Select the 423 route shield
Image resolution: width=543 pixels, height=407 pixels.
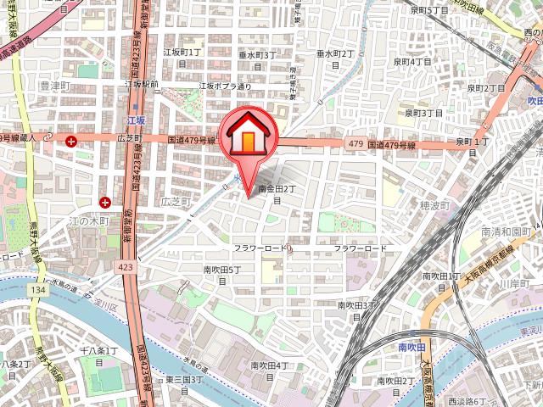(x=126, y=266)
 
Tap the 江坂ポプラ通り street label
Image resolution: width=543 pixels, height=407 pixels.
(x=226, y=86)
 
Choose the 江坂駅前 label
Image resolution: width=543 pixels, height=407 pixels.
(x=142, y=85)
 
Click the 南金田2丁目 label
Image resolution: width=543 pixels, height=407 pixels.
(x=277, y=194)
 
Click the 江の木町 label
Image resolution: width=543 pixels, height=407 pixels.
(x=88, y=221)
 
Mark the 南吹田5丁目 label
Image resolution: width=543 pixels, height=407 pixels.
(x=222, y=275)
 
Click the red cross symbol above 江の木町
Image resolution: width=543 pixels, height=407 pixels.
(x=105, y=202)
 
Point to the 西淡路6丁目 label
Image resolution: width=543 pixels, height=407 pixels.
(x=470, y=399)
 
